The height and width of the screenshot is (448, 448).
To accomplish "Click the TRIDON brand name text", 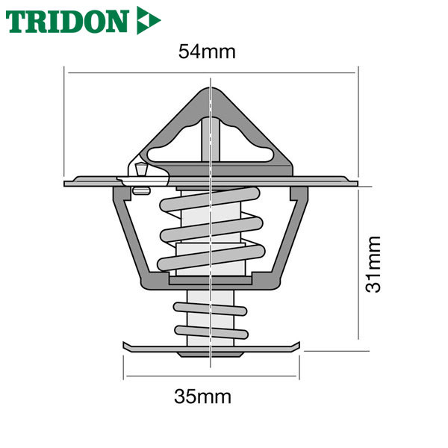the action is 67,21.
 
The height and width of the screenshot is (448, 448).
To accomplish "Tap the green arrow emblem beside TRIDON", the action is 148,20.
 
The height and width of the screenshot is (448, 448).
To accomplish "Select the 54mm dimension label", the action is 207,52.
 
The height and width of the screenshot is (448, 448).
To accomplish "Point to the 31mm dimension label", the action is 373,264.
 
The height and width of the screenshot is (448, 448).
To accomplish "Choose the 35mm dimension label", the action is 202,397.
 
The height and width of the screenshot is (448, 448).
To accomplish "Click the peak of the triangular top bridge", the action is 211,89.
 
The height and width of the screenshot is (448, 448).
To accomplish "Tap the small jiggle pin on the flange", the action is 141,169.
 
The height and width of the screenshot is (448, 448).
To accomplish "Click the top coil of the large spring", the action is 210,199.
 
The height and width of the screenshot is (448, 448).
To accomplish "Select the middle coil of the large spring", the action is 211,229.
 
